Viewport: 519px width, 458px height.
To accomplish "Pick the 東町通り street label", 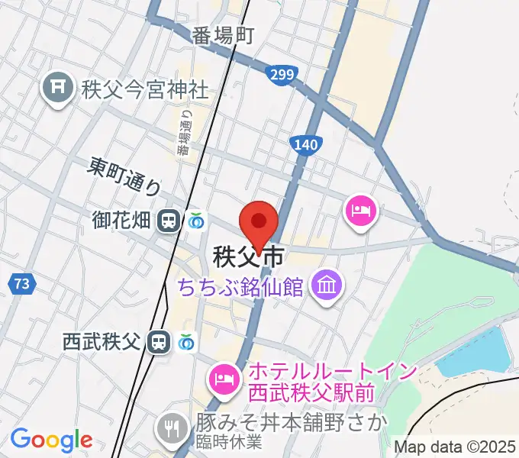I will click(124, 175).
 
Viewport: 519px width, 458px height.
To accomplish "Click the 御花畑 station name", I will click(122, 221).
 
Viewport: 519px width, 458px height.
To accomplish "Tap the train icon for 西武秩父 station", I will click(159, 341).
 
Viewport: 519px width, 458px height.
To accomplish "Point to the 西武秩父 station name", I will click(102, 341).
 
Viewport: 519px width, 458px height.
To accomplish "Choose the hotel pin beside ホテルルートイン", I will click(224, 377).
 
